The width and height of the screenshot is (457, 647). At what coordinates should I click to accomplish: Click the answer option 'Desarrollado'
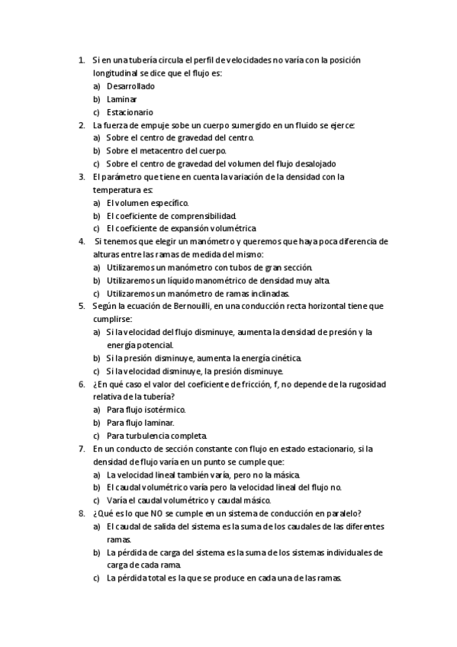pyautogui.click(x=130, y=86)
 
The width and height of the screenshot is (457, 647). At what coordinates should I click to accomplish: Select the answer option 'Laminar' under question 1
pyautogui.click(x=122, y=99)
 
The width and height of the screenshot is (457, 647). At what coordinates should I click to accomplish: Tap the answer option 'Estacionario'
pyautogui.click(x=130, y=112)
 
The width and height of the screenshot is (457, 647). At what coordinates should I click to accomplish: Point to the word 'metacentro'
pyautogui.click(x=164, y=151)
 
